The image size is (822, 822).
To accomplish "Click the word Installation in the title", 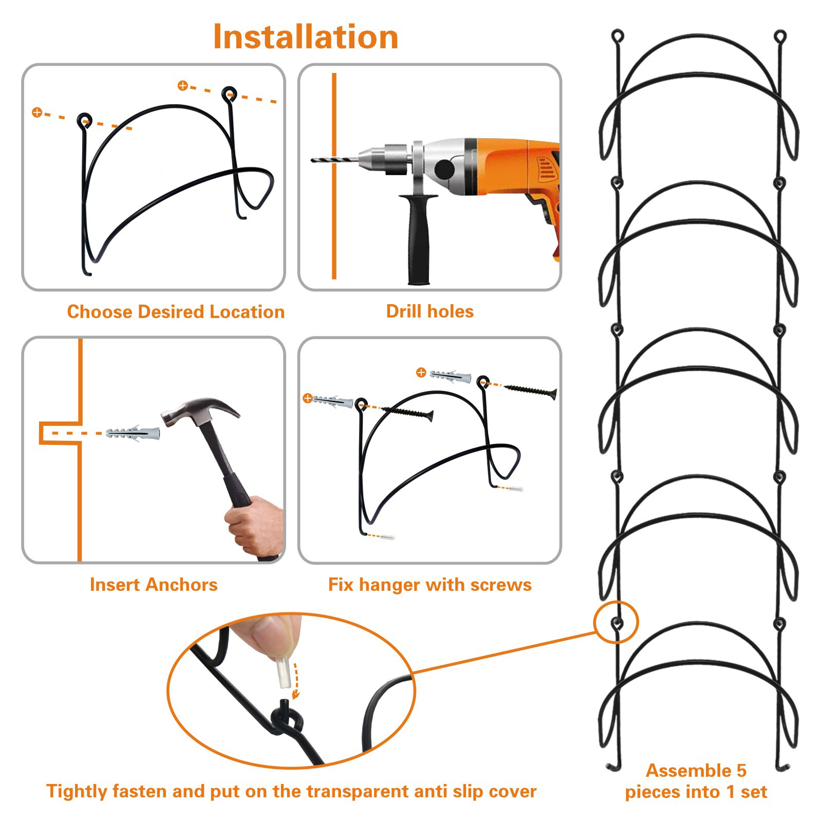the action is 306,37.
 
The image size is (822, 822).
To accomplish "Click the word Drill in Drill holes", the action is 403,311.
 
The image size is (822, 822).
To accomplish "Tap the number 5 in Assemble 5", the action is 741,771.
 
